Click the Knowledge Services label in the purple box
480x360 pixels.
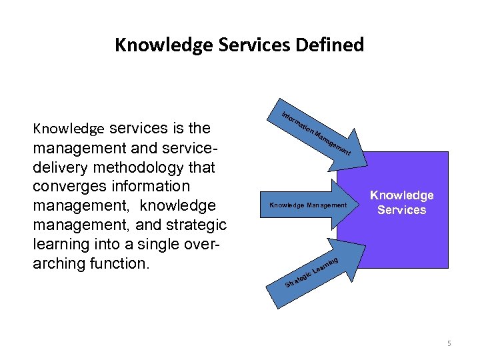click(x=401, y=203)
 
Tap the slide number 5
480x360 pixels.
click(x=449, y=343)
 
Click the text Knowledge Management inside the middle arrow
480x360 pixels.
click(x=308, y=205)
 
